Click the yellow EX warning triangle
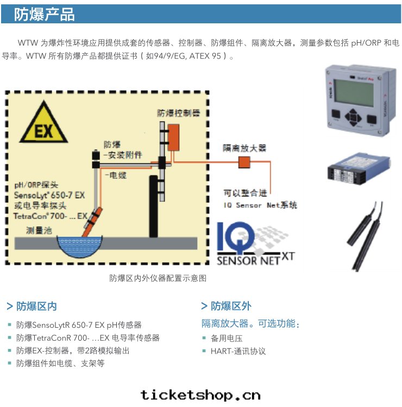click(x=43, y=125)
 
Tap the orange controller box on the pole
click(x=173, y=137)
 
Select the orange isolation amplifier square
click(x=244, y=162)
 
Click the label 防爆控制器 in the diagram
click(x=179, y=113)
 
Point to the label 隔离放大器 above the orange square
click(x=244, y=148)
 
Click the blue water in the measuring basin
click(x=80, y=246)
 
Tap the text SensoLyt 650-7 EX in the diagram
click(x=49, y=195)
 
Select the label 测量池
click(x=39, y=230)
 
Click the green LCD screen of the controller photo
click(x=354, y=92)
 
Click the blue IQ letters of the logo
click(x=235, y=238)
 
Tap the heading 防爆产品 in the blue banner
click(x=44, y=14)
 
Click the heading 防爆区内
click(x=32, y=306)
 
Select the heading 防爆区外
click(x=227, y=306)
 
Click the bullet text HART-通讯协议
click(x=238, y=351)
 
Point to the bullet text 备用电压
click(x=227, y=338)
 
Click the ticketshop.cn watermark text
click(x=200, y=395)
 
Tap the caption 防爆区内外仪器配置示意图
click(x=158, y=278)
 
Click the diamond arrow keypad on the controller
click(x=353, y=117)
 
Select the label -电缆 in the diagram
click(x=116, y=175)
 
